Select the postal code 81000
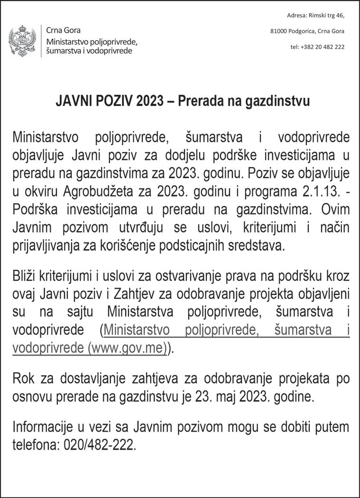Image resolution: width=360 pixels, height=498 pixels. point(278,31)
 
